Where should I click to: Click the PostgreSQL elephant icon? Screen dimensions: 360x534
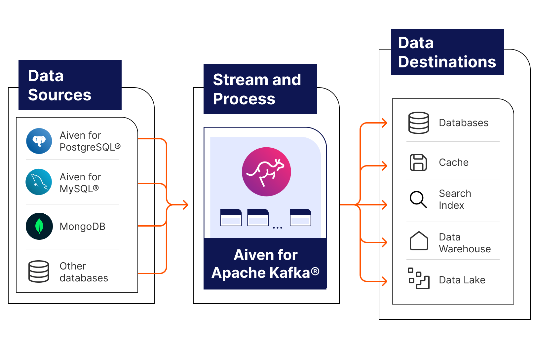[x=39, y=141]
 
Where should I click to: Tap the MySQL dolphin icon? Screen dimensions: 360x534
[x=39, y=182]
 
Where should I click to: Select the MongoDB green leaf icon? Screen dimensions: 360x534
[x=39, y=226]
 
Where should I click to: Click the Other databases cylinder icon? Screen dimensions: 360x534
[x=39, y=271]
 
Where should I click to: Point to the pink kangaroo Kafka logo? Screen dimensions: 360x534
[x=266, y=172]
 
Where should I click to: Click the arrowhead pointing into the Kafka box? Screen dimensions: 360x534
[x=186, y=205]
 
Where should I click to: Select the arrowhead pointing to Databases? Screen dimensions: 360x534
[x=384, y=123]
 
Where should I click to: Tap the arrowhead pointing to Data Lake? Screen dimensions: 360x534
[x=384, y=281]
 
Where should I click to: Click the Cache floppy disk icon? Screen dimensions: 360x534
[x=418, y=162]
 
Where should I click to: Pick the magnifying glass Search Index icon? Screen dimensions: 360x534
[x=418, y=199]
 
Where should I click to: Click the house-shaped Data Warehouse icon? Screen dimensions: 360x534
[x=419, y=241]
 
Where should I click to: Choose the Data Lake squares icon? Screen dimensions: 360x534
[x=418, y=278]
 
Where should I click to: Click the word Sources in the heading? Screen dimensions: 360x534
[x=59, y=95]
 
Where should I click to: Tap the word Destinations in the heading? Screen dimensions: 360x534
[x=447, y=62]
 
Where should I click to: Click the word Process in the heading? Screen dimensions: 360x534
[x=244, y=99]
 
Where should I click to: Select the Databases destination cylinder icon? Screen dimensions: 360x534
[x=418, y=123]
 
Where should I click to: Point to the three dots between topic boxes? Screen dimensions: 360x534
[x=278, y=228]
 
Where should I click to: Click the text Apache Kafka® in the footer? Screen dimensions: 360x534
[x=265, y=273]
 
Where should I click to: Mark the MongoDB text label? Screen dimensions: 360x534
[x=82, y=227]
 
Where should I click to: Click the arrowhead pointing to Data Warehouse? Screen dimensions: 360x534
[x=384, y=242]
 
